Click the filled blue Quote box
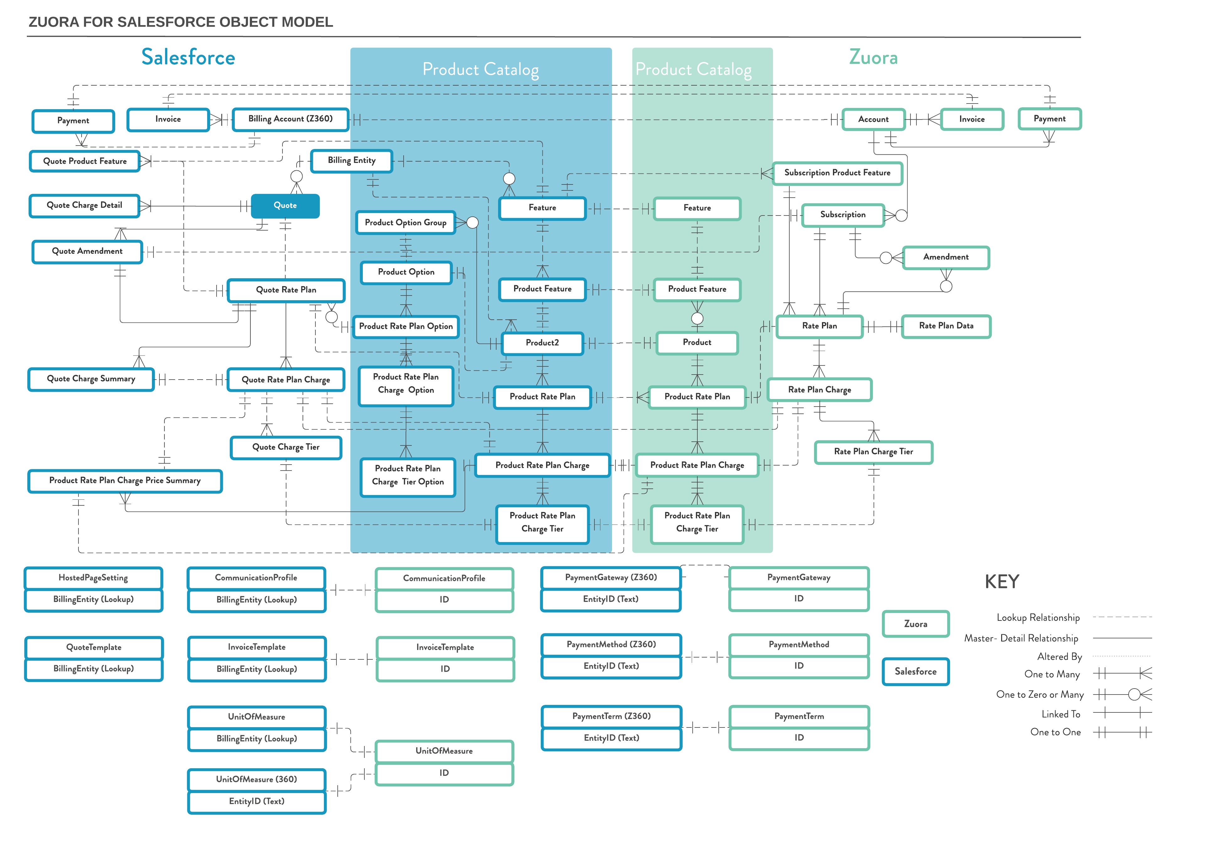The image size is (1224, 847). click(x=285, y=206)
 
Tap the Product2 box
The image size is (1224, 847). click(x=542, y=343)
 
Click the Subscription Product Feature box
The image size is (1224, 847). click(x=837, y=173)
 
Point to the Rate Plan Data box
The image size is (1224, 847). click(x=946, y=326)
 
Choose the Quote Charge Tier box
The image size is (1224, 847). click(x=286, y=447)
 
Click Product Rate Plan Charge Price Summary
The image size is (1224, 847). click(x=125, y=481)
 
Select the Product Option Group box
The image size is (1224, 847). click(x=405, y=223)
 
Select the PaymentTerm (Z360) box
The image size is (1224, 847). click(x=611, y=716)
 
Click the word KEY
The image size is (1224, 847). click(x=1001, y=582)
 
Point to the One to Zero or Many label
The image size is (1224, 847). click(x=1039, y=695)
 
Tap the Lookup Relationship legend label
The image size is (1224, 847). click(x=1038, y=618)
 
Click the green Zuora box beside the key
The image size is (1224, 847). click(x=915, y=624)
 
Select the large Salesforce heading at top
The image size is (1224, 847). click(x=188, y=57)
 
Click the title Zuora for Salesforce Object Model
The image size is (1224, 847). click(x=180, y=22)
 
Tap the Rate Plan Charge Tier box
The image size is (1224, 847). click(x=873, y=452)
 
